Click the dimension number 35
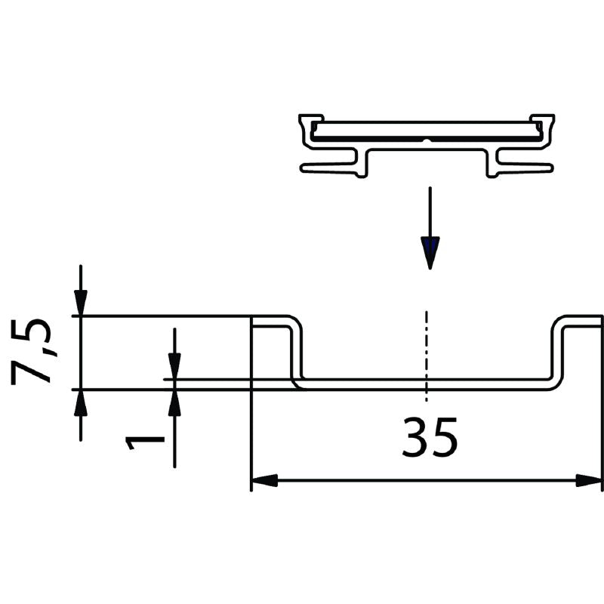(x=429, y=439)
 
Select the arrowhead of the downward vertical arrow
(x=430, y=254)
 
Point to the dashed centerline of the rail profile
(x=427, y=355)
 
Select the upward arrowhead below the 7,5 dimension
(x=80, y=403)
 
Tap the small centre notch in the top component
(x=427, y=140)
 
